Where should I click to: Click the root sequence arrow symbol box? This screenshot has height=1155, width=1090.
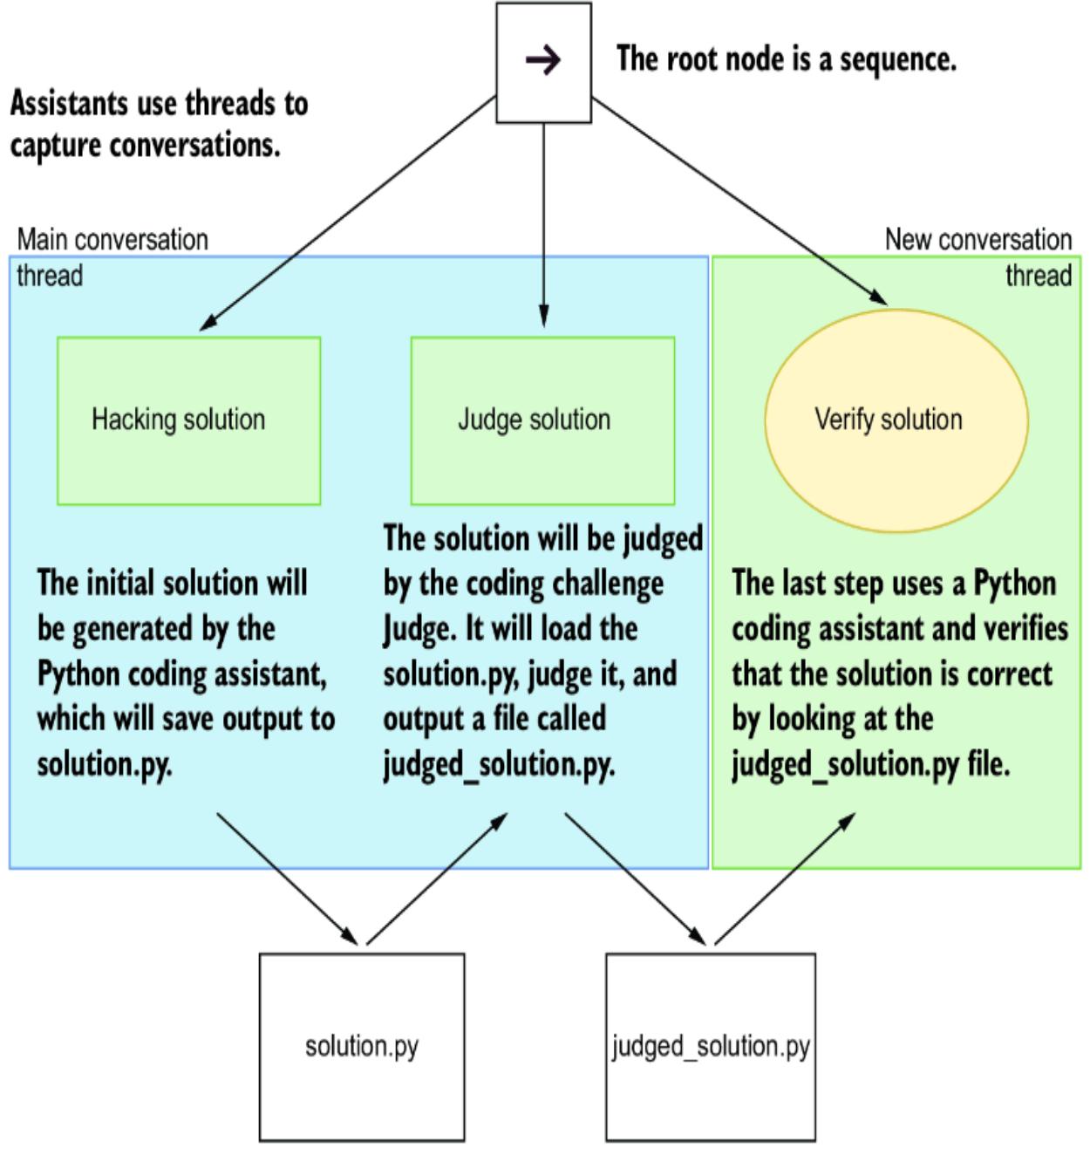543,61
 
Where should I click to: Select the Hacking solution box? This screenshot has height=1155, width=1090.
188,420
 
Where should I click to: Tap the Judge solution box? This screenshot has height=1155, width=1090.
542,420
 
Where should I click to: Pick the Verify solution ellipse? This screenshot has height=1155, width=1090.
896,420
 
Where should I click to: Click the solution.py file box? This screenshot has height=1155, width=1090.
361,1046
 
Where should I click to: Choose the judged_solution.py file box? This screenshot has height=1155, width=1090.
711,1046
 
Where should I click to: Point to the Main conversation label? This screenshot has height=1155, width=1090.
112,240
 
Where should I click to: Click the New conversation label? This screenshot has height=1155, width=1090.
978,240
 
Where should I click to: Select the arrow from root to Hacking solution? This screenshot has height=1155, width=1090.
349,214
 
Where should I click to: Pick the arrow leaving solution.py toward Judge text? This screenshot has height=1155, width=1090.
436,879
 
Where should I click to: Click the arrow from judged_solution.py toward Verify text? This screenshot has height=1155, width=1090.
785,879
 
